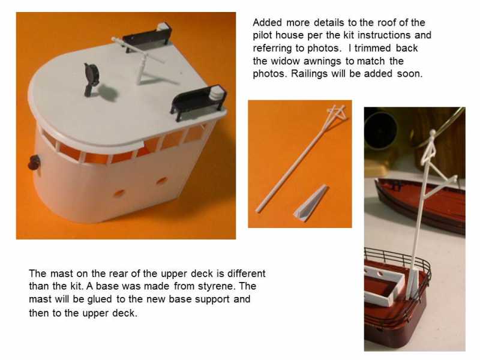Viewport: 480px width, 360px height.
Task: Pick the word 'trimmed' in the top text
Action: pyautogui.click(x=373, y=48)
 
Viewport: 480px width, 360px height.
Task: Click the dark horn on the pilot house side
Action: pyautogui.click(x=34, y=162)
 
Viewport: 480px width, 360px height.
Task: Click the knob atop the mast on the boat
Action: pyautogui.click(x=432, y=133)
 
